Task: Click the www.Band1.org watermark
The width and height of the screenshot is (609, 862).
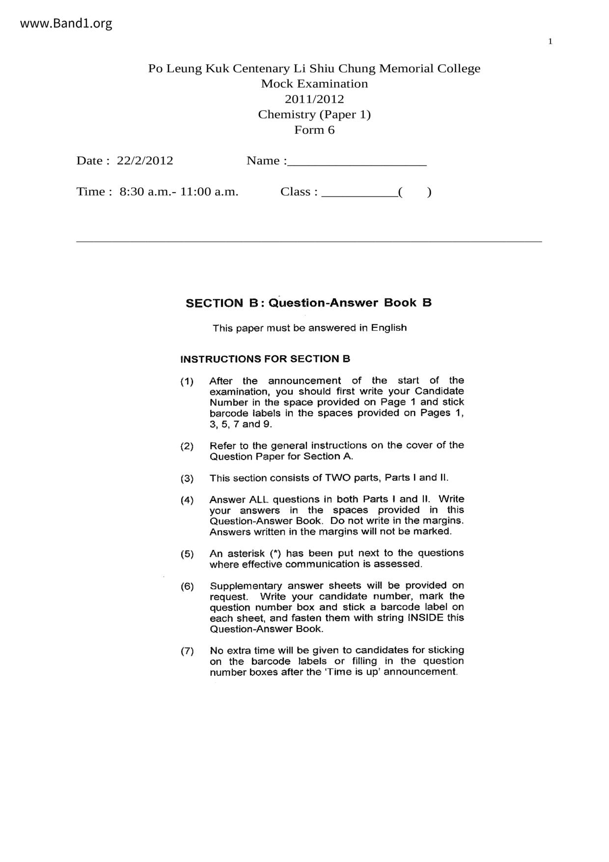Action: [x=66, y=23]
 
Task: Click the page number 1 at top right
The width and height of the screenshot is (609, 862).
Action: [x=550, y=41]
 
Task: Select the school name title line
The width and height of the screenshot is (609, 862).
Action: [x=314, y=68]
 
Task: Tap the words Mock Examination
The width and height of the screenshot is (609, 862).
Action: [x=314, y=84]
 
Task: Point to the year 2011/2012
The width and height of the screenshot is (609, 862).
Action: [x=314, y=99]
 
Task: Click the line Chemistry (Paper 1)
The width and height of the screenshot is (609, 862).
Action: [x=314, y=115]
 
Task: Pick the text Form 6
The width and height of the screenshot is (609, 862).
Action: [x=314, y=130]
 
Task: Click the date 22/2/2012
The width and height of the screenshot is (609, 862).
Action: [x=145, y=161]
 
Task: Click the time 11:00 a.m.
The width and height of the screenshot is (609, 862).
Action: [x=209, y=192]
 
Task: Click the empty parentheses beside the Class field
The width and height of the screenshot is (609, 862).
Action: [x=415, y=192]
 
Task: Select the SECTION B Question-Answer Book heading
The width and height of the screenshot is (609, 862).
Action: [x=308, y=303]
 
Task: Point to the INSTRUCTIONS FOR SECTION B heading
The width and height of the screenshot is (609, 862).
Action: [x=265, y=359]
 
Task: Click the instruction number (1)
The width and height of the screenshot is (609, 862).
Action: [x=187, y=381]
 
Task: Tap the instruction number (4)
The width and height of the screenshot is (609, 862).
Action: [x=187, y=500]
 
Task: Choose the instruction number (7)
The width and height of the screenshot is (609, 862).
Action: [x=187, y=652]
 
